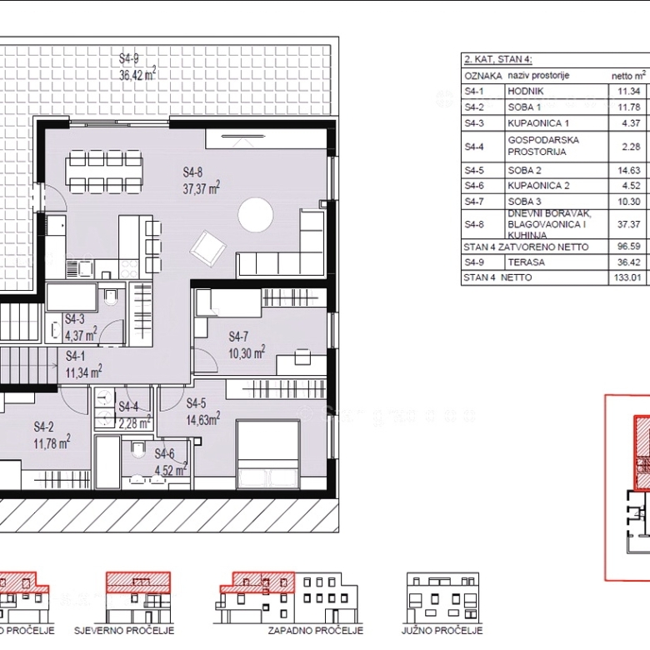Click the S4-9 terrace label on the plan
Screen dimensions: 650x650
(129, 58)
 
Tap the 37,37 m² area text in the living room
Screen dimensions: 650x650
(202, 188)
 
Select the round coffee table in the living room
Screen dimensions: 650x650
(255, 215)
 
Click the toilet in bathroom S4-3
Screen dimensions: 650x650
(111, 296)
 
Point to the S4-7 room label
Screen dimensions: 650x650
(238, 337)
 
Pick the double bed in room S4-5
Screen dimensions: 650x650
(267, 454)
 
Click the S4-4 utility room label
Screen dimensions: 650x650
(128, 407)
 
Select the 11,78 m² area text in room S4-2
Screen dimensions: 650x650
(52, 442)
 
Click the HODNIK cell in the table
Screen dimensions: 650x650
(525, 91)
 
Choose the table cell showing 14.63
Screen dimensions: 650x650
(629, 170)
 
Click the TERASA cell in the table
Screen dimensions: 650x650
(526, 262)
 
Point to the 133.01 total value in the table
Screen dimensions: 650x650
(627, 277)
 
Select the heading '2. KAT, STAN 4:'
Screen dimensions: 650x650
(497, 59)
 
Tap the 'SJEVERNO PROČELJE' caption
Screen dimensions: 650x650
(124, 631)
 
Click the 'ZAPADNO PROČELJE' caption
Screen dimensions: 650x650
(316, 631)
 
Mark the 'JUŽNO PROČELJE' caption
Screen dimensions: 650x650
(442, 631)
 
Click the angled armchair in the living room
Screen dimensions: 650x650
(208, 248)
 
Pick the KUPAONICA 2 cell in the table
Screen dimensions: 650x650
(538, 186)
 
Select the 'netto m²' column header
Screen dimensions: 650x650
(628, 76)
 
